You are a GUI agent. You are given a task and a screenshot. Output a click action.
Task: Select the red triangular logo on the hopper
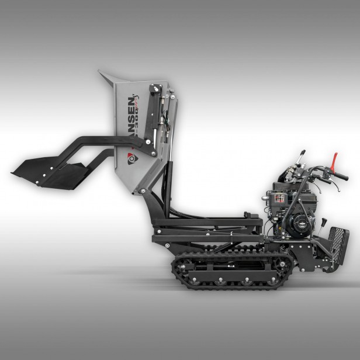tap(131, 158)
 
